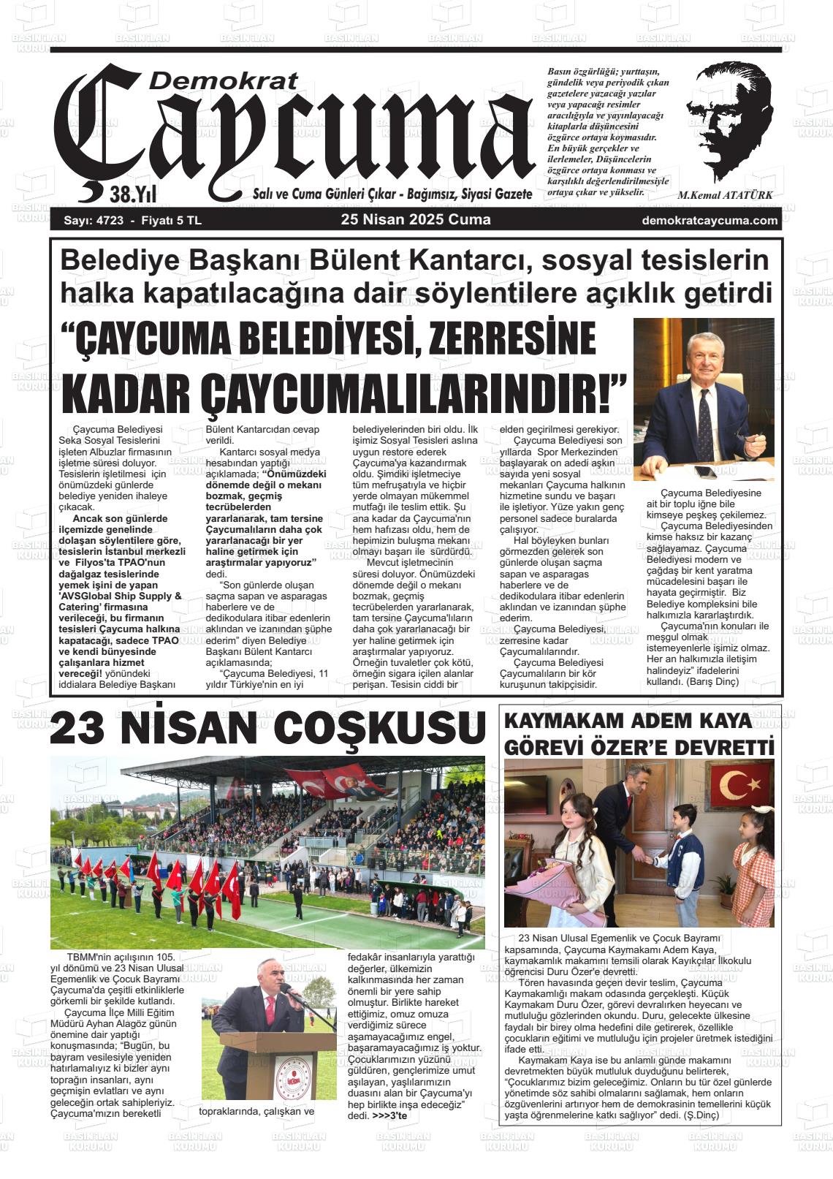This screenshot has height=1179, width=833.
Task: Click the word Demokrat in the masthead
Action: [222, 80]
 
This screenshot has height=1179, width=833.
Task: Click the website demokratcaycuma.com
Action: [709, 221]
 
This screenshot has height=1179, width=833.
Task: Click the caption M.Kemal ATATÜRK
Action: [724, 195]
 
